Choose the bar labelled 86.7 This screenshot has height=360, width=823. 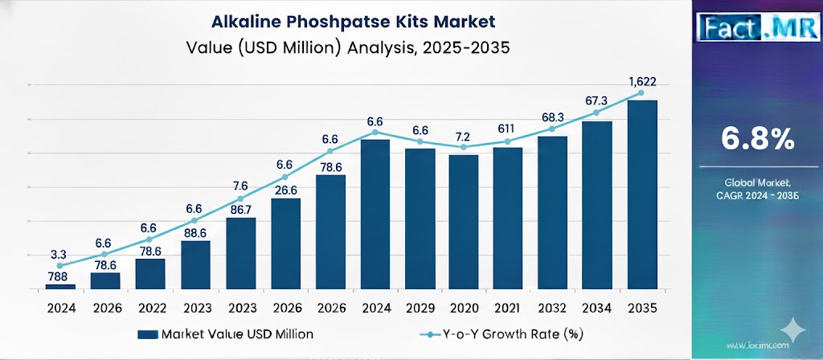pyautogui.click(x=240, y=253)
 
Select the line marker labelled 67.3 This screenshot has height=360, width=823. pyautogui.click(x=596, y=113)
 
